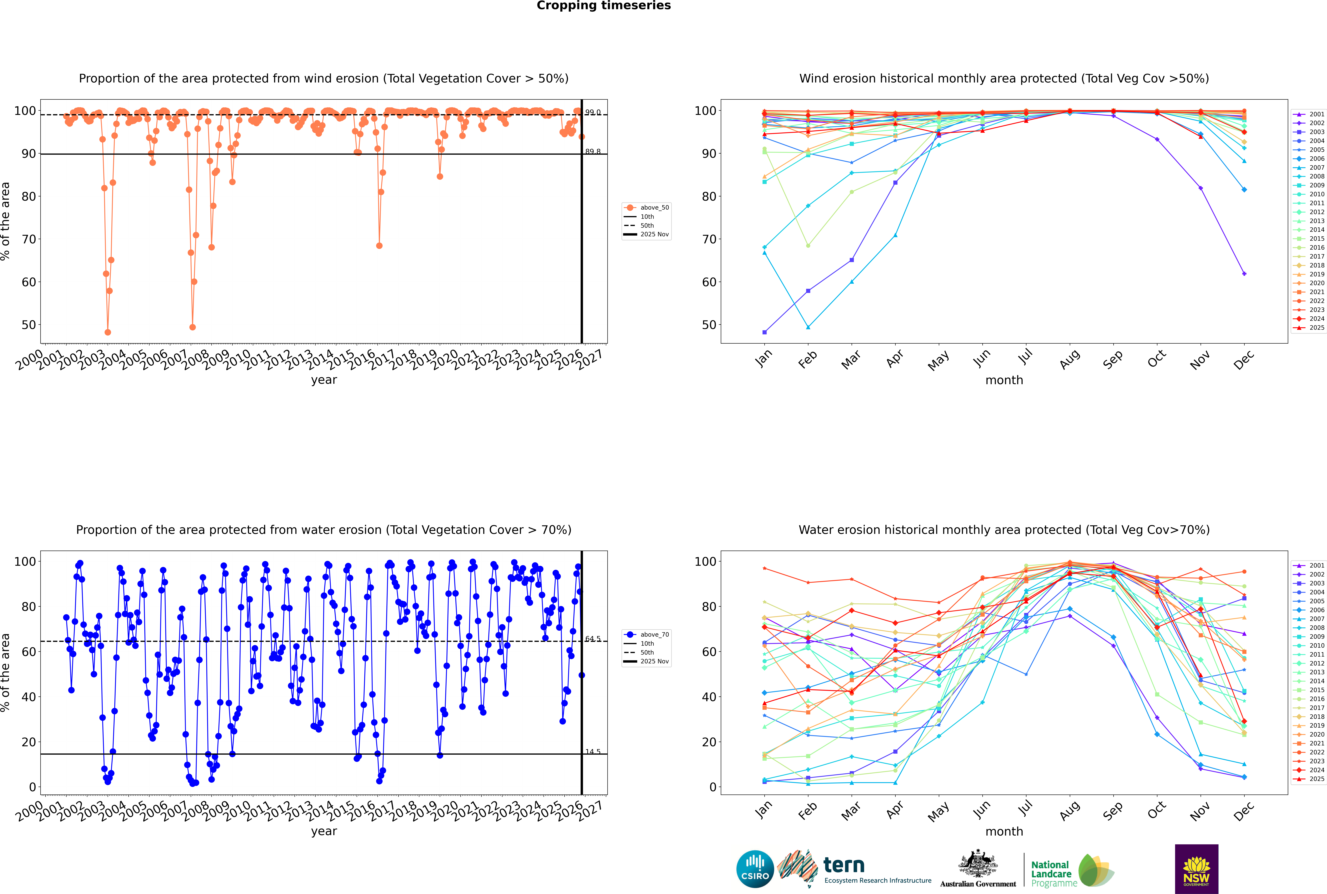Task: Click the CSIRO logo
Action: coord(755,869)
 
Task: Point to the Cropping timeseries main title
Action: coord(604,6)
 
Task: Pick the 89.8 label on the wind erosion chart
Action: coord(593,152)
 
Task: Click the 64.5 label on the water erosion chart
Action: coord(593,639)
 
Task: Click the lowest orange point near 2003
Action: coord(108,332)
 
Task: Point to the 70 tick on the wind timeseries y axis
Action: coord(28,239)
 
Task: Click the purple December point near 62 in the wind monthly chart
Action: coord(1244,274)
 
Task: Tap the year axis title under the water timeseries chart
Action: coord(324,831)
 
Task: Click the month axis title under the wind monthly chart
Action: coord(1004,380)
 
